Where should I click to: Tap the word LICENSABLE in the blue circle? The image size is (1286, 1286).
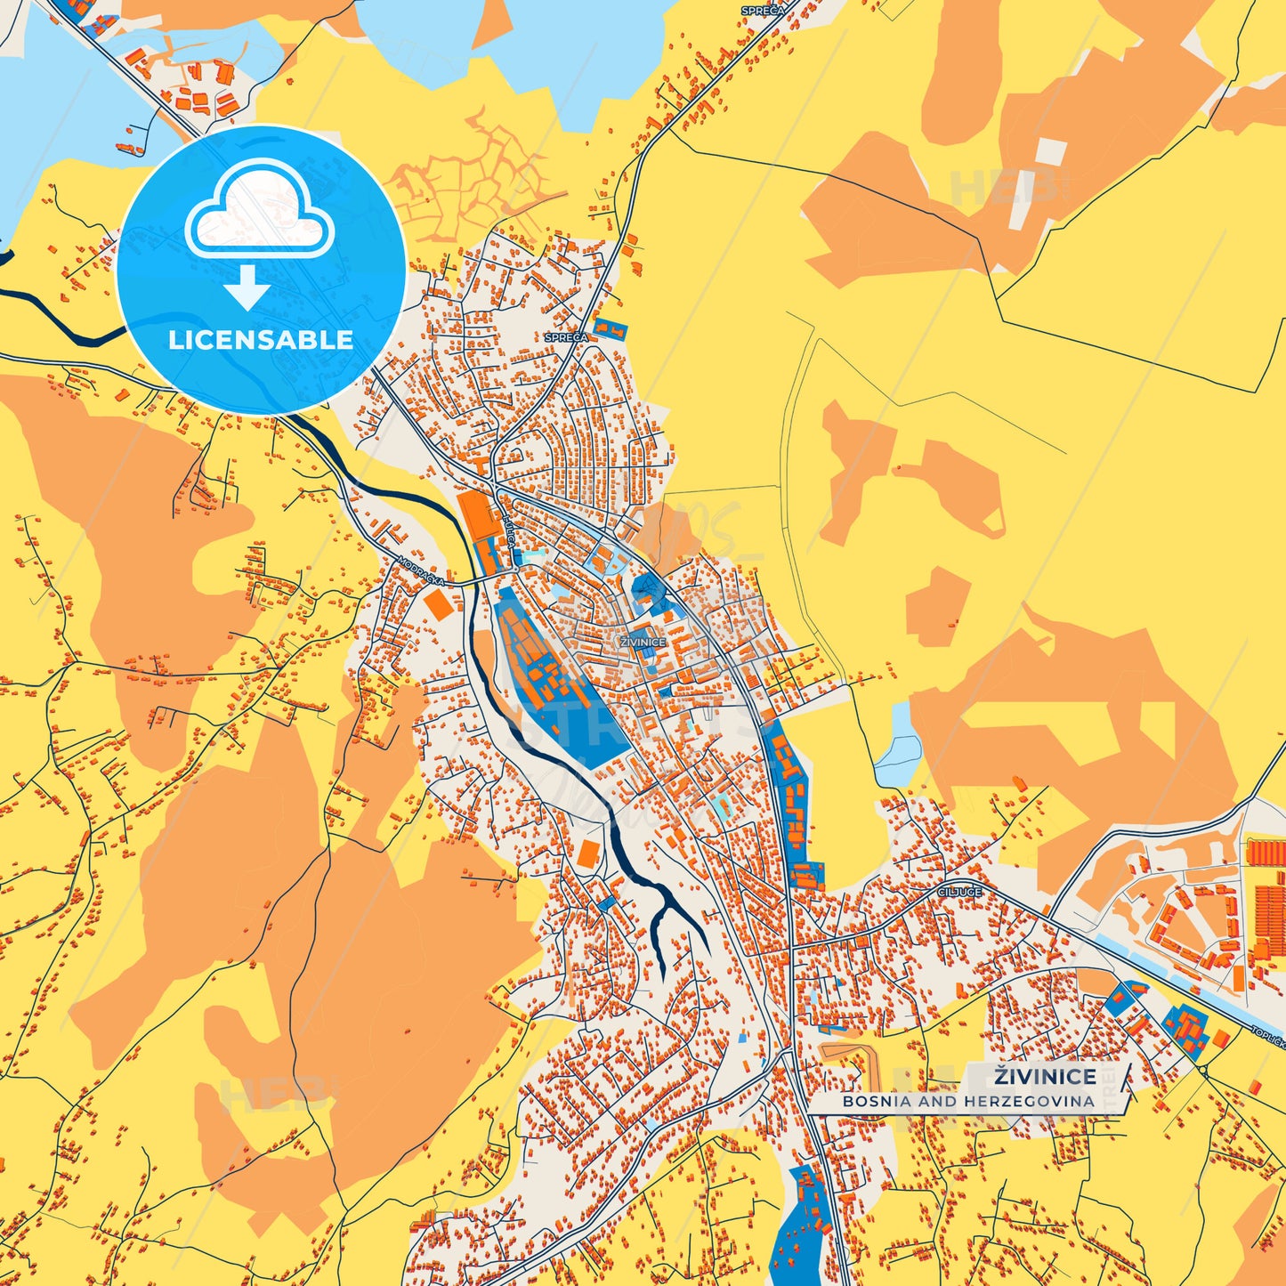261,339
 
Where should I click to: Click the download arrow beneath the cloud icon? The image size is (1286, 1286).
247,287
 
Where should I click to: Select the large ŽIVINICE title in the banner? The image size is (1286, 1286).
1045,1076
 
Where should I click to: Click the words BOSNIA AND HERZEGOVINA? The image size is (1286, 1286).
968,1101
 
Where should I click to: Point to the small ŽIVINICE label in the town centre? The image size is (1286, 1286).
643,642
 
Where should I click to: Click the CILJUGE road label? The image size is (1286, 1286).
959,891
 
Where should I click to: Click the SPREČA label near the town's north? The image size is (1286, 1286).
566,337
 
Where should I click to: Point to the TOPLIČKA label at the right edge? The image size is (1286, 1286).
1267,1038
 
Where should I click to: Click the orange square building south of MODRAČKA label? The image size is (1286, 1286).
438,605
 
